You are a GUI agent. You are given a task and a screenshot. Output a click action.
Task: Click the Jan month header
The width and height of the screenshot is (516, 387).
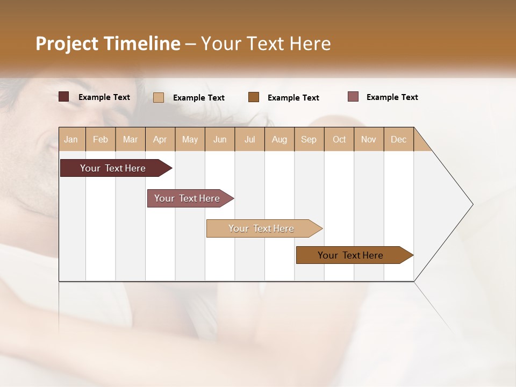click(x=71, y=139)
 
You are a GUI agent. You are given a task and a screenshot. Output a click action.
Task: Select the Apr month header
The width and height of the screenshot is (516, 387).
click(x=160, y=139)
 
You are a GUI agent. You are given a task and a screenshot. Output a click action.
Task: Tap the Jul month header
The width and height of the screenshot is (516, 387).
click(x=249, y=139)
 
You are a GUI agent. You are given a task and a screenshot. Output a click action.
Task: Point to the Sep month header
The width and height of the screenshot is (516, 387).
click(x=309, y=139)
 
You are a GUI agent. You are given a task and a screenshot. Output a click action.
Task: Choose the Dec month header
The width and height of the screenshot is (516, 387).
click(x=398, y=139)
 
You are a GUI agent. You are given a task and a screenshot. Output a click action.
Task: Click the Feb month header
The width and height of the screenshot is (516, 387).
click(x=101, y=139)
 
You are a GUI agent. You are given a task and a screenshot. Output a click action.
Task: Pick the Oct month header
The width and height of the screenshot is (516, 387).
click(x=339, y=139)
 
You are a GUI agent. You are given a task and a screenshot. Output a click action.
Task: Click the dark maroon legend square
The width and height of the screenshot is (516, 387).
click(x=63, y=97)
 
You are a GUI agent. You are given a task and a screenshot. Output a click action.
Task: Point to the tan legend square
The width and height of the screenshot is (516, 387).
click(x=159, y=97)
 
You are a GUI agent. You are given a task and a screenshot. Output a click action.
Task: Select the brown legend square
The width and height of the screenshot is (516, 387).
click(x=254, y=97)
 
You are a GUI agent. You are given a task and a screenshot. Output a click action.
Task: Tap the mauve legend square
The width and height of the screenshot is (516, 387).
click(x=353, y=97)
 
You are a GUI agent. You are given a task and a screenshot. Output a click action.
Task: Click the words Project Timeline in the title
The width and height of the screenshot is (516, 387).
click(x=107, y=44)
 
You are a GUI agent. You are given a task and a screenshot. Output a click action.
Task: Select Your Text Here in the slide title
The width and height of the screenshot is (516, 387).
click(x=266, y=44)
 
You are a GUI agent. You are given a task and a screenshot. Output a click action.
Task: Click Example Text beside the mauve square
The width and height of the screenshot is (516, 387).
click(x=392, y=97)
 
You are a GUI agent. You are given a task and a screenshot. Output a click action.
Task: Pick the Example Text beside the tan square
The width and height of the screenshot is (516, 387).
click(x=198, y=98)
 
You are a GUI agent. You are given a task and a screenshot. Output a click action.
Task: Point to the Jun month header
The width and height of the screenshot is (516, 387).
click(x=220, y=139)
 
